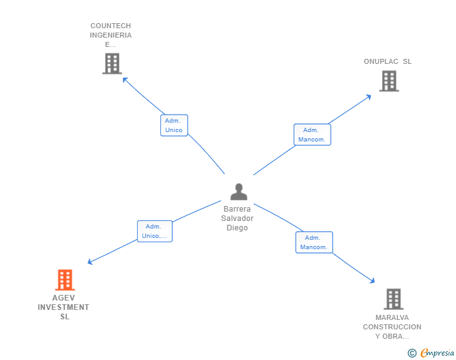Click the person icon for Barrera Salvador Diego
click(239, 192)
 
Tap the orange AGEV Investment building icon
click(65, 280)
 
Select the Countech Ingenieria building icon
click(111, 63)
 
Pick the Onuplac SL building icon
click(389, 81)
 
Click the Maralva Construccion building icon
click(393, 299)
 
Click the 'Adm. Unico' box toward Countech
click(174, 125)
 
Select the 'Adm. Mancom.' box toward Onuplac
click(312, 135)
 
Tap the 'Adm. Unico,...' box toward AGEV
click(154, 231)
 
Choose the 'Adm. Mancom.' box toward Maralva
click(314, 242)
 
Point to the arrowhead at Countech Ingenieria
click(124, 79)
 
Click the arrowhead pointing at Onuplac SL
click(368, 96)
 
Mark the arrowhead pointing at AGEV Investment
click(90, 262)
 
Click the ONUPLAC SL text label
click(388, 61)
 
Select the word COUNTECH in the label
click(111, 26)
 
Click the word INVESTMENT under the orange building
click(63, 307)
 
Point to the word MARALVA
click(392, 317)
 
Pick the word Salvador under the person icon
click(237, 219)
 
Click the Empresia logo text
click(437, 353)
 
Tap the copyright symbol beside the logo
click(412, 353)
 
